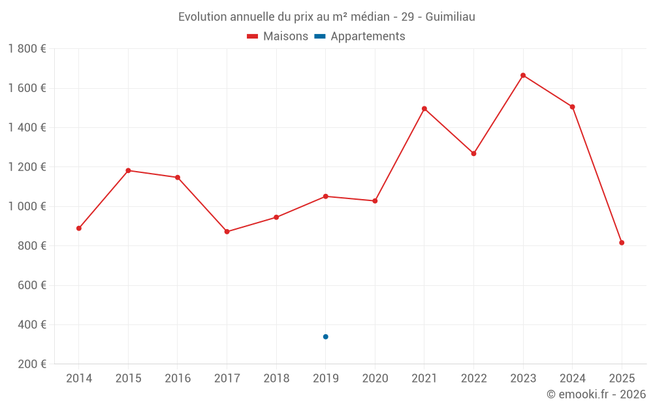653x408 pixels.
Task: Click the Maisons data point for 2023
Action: [523, 76]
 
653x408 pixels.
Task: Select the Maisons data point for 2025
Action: [622, 243]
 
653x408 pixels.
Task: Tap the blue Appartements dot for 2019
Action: [325, 337]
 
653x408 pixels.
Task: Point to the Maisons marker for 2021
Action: [424, 109]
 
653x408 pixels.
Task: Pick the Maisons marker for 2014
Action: [79, 228]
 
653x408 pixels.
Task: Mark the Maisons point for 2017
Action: [227, 232]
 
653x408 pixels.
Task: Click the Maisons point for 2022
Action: [474, 153]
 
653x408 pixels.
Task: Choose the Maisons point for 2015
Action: [128, 170]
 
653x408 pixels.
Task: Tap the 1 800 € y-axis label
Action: [27, 49]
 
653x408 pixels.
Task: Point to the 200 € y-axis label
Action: [32, 364]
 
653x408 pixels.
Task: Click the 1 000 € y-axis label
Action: [27, 206]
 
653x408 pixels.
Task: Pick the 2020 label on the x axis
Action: [375, 379]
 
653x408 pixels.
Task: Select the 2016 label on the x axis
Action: [178, 379]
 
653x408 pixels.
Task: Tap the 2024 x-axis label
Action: [573, 379]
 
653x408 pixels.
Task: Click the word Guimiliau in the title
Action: [450, 16]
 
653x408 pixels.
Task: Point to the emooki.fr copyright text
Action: [596, 394]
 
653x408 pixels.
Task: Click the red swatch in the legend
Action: [253, 37]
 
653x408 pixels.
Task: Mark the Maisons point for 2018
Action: [276, 217]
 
